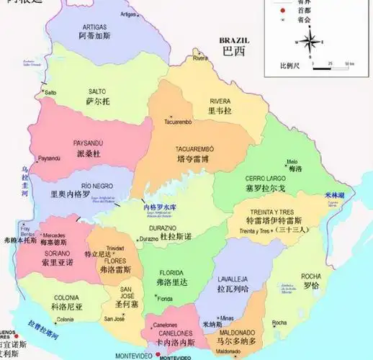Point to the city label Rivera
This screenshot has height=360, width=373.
pyautogui.click(x=200, y=58)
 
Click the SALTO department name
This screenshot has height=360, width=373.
pyautogui.click(x=96, y=93)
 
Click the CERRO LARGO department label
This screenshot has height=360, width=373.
pyautogui.click(x=265, y=178)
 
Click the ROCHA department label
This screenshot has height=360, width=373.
pyautogui.click(x=311, y=276)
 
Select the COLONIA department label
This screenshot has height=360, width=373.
pyautogui.click(x=66, y=297)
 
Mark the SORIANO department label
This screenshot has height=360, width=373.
pyautogui.click(x=57, y=253)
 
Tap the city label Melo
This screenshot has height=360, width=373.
pyautogui.click(x=292, y=161)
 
